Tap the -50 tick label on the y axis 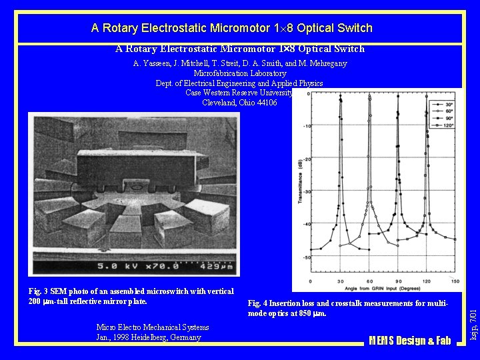pos(305,257)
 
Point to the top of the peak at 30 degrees pos(341,98)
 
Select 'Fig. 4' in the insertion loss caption pos(258,304)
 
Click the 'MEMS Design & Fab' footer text pos(410,341)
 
